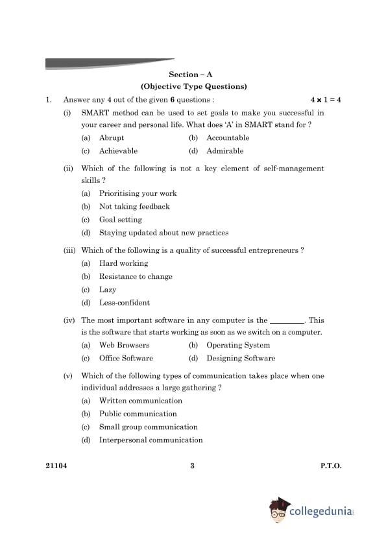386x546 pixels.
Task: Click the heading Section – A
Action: tap(193, 75)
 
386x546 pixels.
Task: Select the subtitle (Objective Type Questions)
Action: tap(193, 86)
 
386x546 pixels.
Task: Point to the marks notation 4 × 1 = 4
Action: tap(326, 100)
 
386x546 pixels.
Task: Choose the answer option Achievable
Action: tap(118, 151)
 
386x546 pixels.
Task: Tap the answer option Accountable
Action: tap(228, 138)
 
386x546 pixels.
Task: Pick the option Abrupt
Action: tap(112, 138)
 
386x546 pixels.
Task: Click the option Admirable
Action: tap(225, 151)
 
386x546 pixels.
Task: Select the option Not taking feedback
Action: tap(134, 207)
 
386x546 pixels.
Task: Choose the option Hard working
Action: tap(123, 263)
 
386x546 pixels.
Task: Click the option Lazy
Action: tap(108, 290)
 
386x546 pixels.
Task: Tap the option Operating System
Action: tap(238, 345)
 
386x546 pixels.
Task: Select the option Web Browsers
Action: tap(124, 345)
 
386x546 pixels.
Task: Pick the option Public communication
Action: tap(138, 414)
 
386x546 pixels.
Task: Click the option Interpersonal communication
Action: tap(151, 440)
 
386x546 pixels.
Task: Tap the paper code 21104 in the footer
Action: tap(56, 466)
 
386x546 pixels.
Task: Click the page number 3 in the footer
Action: tap(193, 466)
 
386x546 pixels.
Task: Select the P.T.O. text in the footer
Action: tap(331, 466)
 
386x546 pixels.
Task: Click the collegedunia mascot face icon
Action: tap(278, 511)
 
